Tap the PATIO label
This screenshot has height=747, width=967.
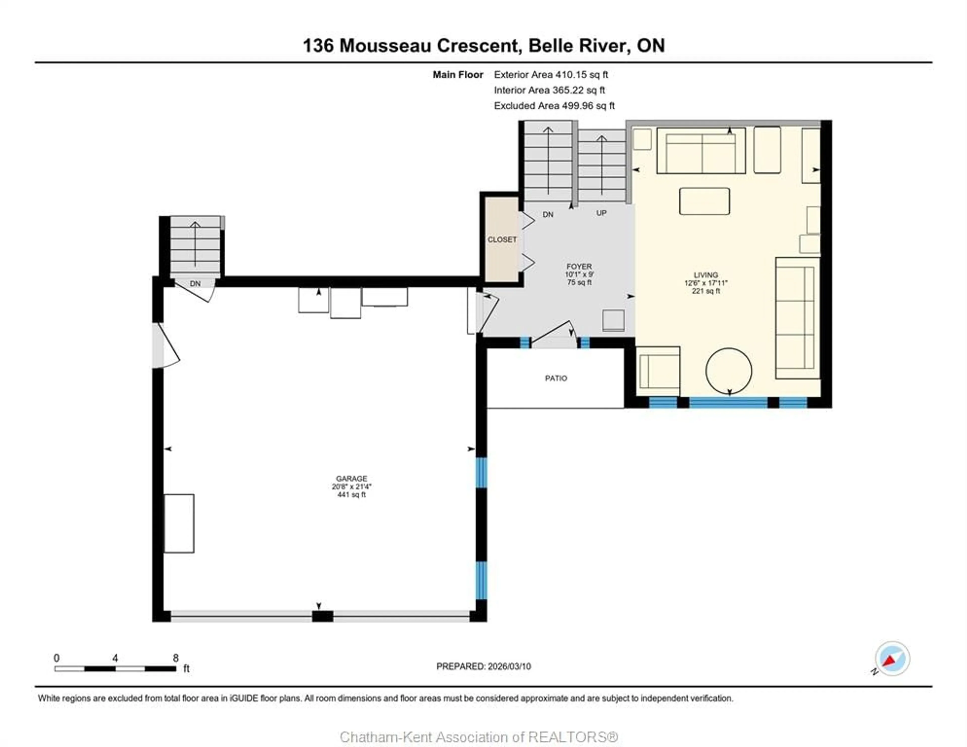tap(556, 378)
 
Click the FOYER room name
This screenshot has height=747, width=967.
tap(579, 267)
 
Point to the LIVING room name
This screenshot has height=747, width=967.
tap(706, 275)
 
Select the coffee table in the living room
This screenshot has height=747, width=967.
tap(704, 201)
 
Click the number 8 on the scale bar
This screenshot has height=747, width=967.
tap(176, 658)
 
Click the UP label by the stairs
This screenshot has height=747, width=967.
tap(601, 213)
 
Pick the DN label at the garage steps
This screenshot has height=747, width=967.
tap(195, 283)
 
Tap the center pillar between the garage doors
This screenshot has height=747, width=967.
tap(322, 616)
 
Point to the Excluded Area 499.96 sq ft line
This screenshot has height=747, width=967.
tap(554, 106)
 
